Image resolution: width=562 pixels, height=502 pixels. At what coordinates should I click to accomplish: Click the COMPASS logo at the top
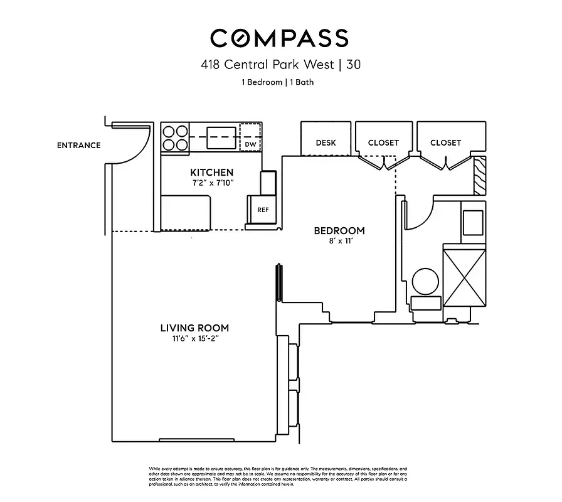pyautogui.click(x=279, y=38)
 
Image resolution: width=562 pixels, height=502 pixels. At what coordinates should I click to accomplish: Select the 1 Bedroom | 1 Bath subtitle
pyautogui.click(x=277, y=82)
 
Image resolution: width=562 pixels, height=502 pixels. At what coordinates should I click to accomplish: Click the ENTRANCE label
pyautogui.click(x=79, y=145)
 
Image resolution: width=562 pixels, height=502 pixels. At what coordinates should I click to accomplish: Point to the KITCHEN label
pyautogui.click(x=212, y=172)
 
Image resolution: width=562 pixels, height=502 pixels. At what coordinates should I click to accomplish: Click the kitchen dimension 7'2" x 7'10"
pyautogui.click(x=212, y=183)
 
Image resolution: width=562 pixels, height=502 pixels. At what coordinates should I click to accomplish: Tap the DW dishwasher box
pyautogui.click(x=250, y=144)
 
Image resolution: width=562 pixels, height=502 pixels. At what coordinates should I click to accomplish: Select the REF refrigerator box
pyautogui.click(x=263, y=210)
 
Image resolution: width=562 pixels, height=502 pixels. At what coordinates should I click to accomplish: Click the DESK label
pyautogui.click(x=326, y=142)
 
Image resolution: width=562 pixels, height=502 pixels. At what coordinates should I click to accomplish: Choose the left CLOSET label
pyautogui.click(x=383, y=142)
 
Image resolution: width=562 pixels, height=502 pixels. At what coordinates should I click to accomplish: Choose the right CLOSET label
pyautogui.click(x=445, y=142)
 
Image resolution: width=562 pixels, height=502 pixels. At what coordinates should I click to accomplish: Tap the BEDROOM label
pyautogui.click(x=339, y=231)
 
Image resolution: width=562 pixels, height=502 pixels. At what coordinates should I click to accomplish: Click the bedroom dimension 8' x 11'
pyautogui.click(x=339, y=242)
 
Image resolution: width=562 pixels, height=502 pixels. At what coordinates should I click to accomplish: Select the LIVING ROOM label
pyautogui.click(x=194, y=328)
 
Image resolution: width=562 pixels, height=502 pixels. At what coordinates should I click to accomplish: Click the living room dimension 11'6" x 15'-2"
pyautogui.click(x=194, y=339)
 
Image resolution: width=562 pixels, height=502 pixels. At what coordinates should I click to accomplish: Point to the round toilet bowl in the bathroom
pyautogui.click(x=427, y=281)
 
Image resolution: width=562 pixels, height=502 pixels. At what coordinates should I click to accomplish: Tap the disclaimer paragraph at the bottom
pyautogui.click(x=278, y=476)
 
